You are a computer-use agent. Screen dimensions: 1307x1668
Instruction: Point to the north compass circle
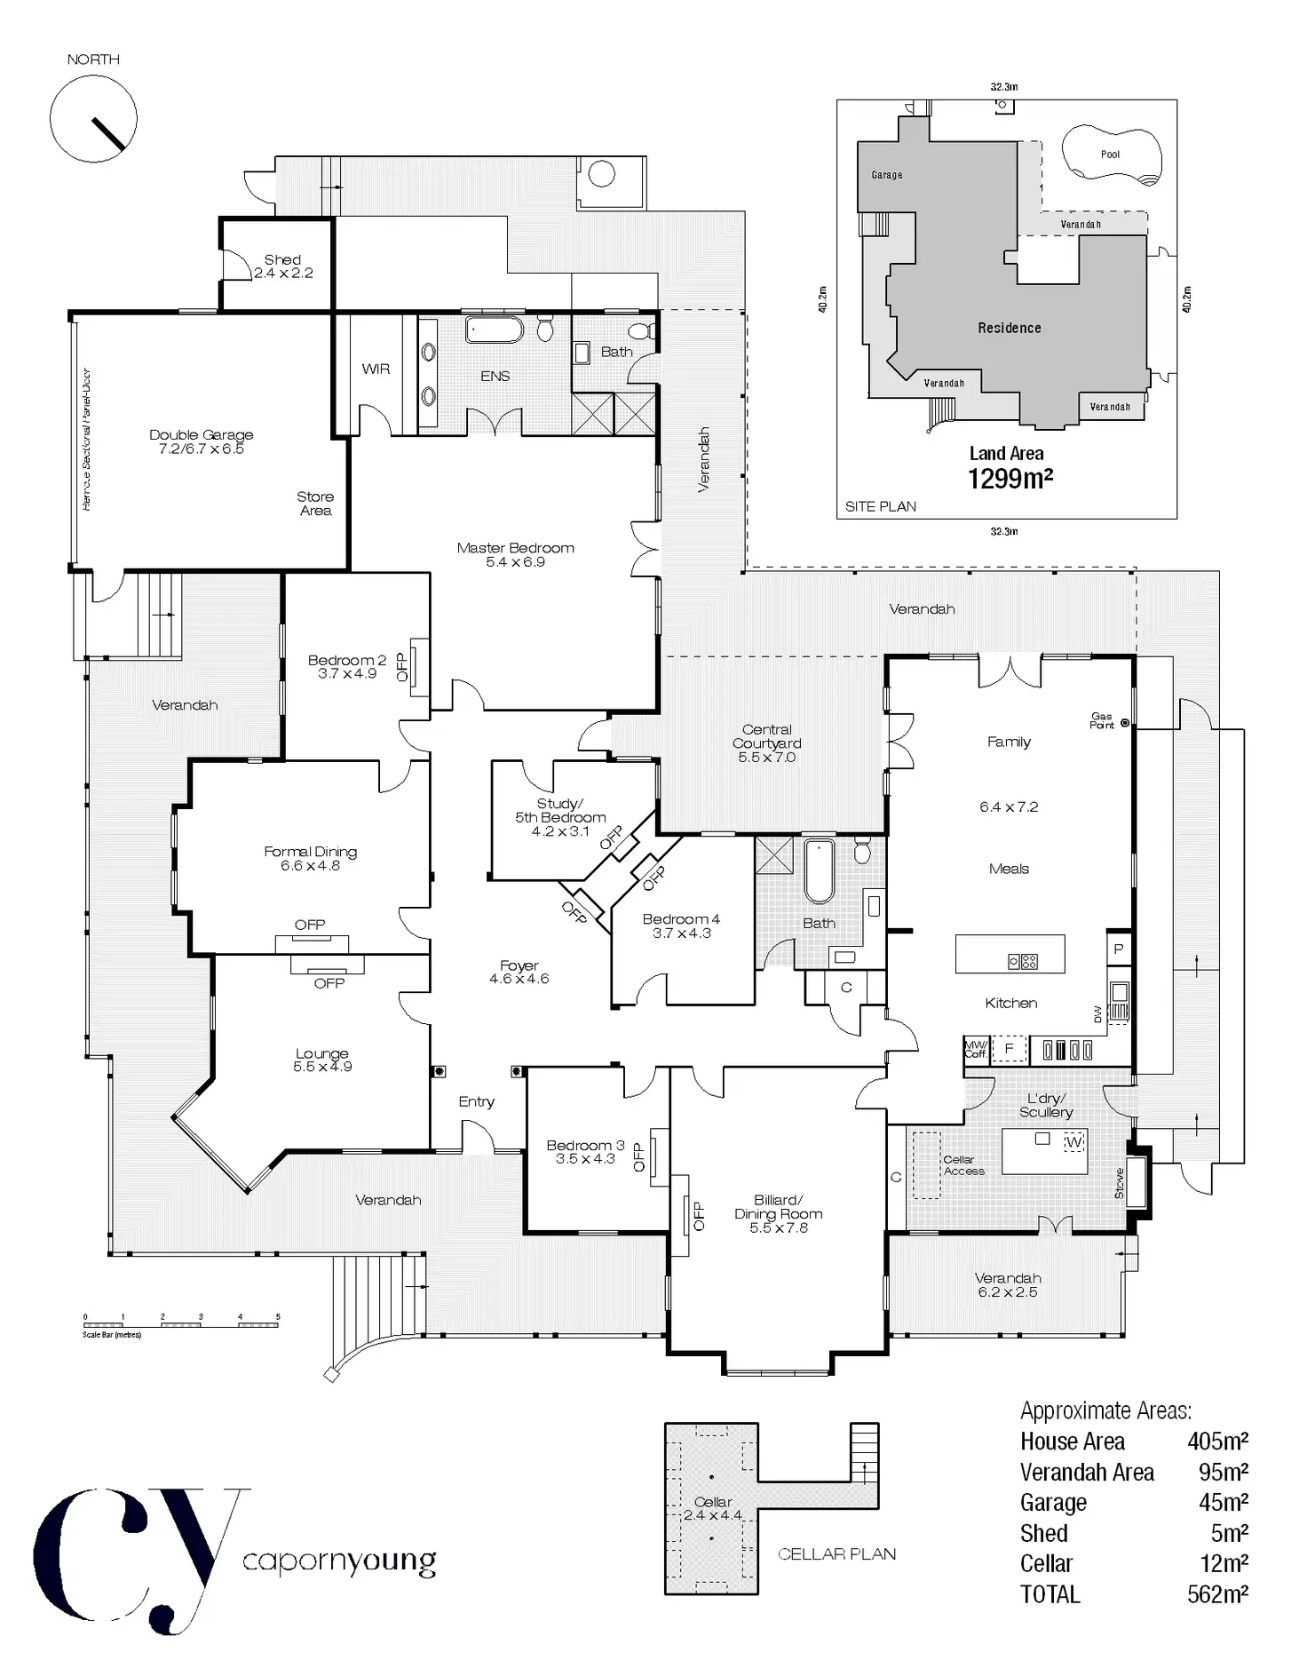pos(93,119)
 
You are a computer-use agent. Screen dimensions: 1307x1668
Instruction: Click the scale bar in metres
pos(181,1324)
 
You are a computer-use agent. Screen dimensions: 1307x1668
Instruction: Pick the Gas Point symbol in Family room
pos(1125,723)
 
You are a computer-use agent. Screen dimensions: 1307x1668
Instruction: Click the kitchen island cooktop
pos(1023,961)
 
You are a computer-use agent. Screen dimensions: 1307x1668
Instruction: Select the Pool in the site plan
pos(1111,155)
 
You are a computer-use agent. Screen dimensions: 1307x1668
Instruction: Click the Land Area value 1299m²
pos(1010,479)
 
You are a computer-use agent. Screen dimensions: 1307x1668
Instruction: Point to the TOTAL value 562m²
pos(1217,1594)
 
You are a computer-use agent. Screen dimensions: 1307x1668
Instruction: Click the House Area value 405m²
pos(1217,1441)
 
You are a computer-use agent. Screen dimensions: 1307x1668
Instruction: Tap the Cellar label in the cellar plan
pos(713,1501)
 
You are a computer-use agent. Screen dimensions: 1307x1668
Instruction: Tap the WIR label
pos(376,369)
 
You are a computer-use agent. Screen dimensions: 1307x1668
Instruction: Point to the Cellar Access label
pos(964,1165)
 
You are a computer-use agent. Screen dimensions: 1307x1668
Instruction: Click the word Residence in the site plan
pos(1010,328)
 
